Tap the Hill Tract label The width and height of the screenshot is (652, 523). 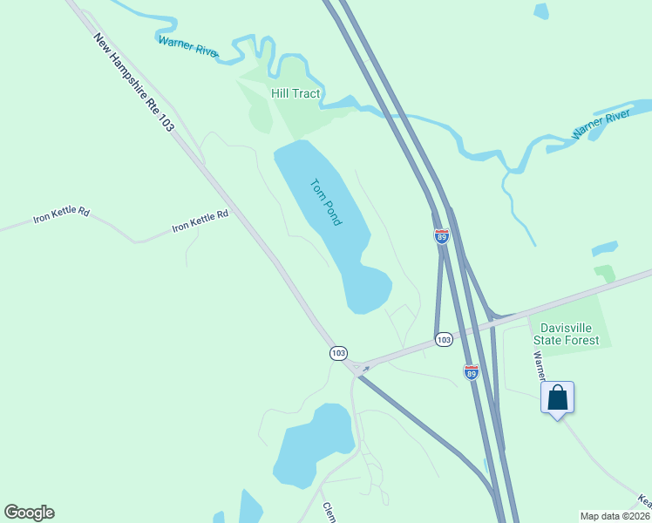click(x=295, y=93)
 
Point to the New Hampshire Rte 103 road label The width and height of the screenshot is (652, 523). click(x=133, y=83)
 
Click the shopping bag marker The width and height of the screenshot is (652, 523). click(x=558, y=398)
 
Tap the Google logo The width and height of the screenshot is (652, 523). click(x=29, y=513)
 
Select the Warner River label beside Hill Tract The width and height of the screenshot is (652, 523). click(x=187, y=46)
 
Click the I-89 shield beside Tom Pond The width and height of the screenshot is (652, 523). click(x=442, y=235)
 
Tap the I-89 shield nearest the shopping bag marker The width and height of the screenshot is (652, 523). click(x=472, y=372)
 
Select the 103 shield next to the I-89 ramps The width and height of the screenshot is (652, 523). click(x=444, y=338)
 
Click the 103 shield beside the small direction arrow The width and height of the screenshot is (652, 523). click(x=339, y=353)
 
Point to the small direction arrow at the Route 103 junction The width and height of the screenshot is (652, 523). click(x=365, y=369)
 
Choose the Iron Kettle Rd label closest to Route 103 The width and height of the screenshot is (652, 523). click(x=200, y=220)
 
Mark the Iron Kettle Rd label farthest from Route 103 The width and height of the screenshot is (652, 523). click(x=61, y=215)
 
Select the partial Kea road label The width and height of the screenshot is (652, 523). click(x=644, y=501)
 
